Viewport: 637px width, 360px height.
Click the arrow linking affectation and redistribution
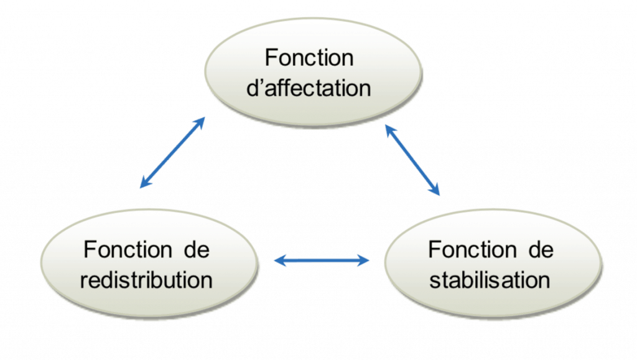point(172,152)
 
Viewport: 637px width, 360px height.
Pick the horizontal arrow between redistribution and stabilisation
point(322,261)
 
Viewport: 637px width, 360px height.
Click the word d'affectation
point(309,88)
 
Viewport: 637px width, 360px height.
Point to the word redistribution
point(147,279)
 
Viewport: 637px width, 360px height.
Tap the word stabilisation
point(490,279)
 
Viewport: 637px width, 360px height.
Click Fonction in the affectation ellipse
point(309,58)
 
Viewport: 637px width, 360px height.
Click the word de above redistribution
point(197,250)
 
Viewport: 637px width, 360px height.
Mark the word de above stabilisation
point(540,250)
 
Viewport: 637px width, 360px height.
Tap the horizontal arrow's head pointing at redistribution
point(281,261)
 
